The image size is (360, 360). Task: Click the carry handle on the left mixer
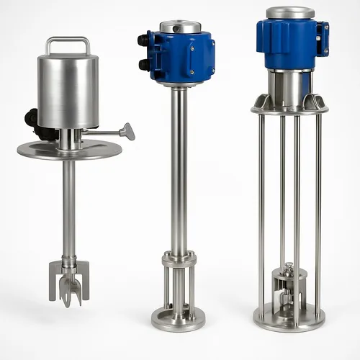(68, 41)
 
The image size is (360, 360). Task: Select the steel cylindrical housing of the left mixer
(68, 90)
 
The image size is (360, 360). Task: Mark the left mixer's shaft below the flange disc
(68, 209)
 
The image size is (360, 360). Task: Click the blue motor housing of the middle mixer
(184, 58)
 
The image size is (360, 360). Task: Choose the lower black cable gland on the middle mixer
(143, 65)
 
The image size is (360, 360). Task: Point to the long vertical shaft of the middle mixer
(179, 166)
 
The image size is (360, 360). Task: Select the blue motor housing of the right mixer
(287, 43)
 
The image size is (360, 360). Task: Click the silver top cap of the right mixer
(290, 12)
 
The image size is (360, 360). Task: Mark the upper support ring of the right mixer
(289, 110)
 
